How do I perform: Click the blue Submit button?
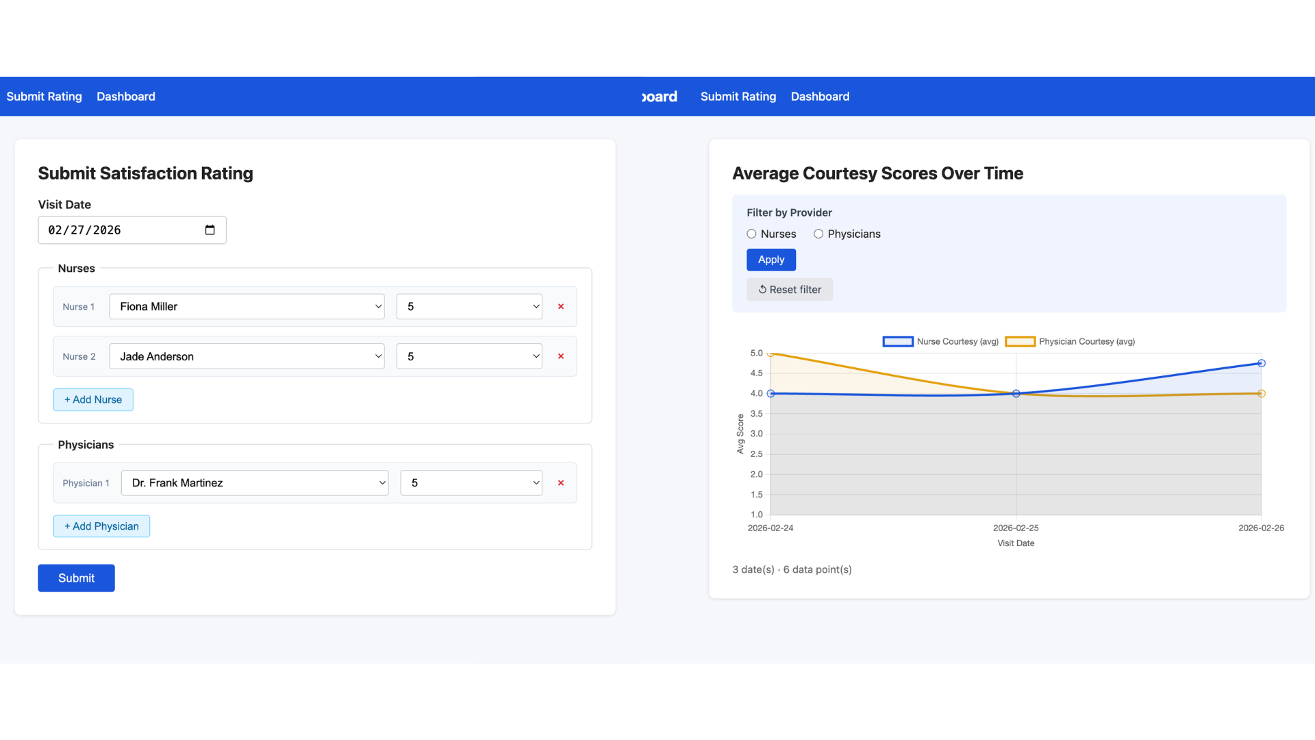click(76, 578)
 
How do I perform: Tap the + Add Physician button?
click(101, 526)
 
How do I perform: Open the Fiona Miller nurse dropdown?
click(247, 306)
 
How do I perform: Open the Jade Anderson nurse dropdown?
click(247, 356)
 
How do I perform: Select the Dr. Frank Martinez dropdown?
click(255, 483)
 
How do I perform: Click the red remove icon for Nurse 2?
click(561, 356)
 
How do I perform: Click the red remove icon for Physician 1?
click(561, 483)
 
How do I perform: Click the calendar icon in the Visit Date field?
click(210, 230)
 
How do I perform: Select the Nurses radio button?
click(751, 234)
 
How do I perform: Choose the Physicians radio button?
click(818, 234)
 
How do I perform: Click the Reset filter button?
click(790, 290)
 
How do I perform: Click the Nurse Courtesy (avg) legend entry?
click(940, 341)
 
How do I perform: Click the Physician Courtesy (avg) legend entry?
click(1070, 341)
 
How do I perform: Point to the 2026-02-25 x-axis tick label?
click(1016, 528)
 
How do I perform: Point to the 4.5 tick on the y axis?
click(756, 373)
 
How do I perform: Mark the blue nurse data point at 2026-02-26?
click(1261, 363)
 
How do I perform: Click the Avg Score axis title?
click(740, 434)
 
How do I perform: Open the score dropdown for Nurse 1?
click(469, 306)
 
